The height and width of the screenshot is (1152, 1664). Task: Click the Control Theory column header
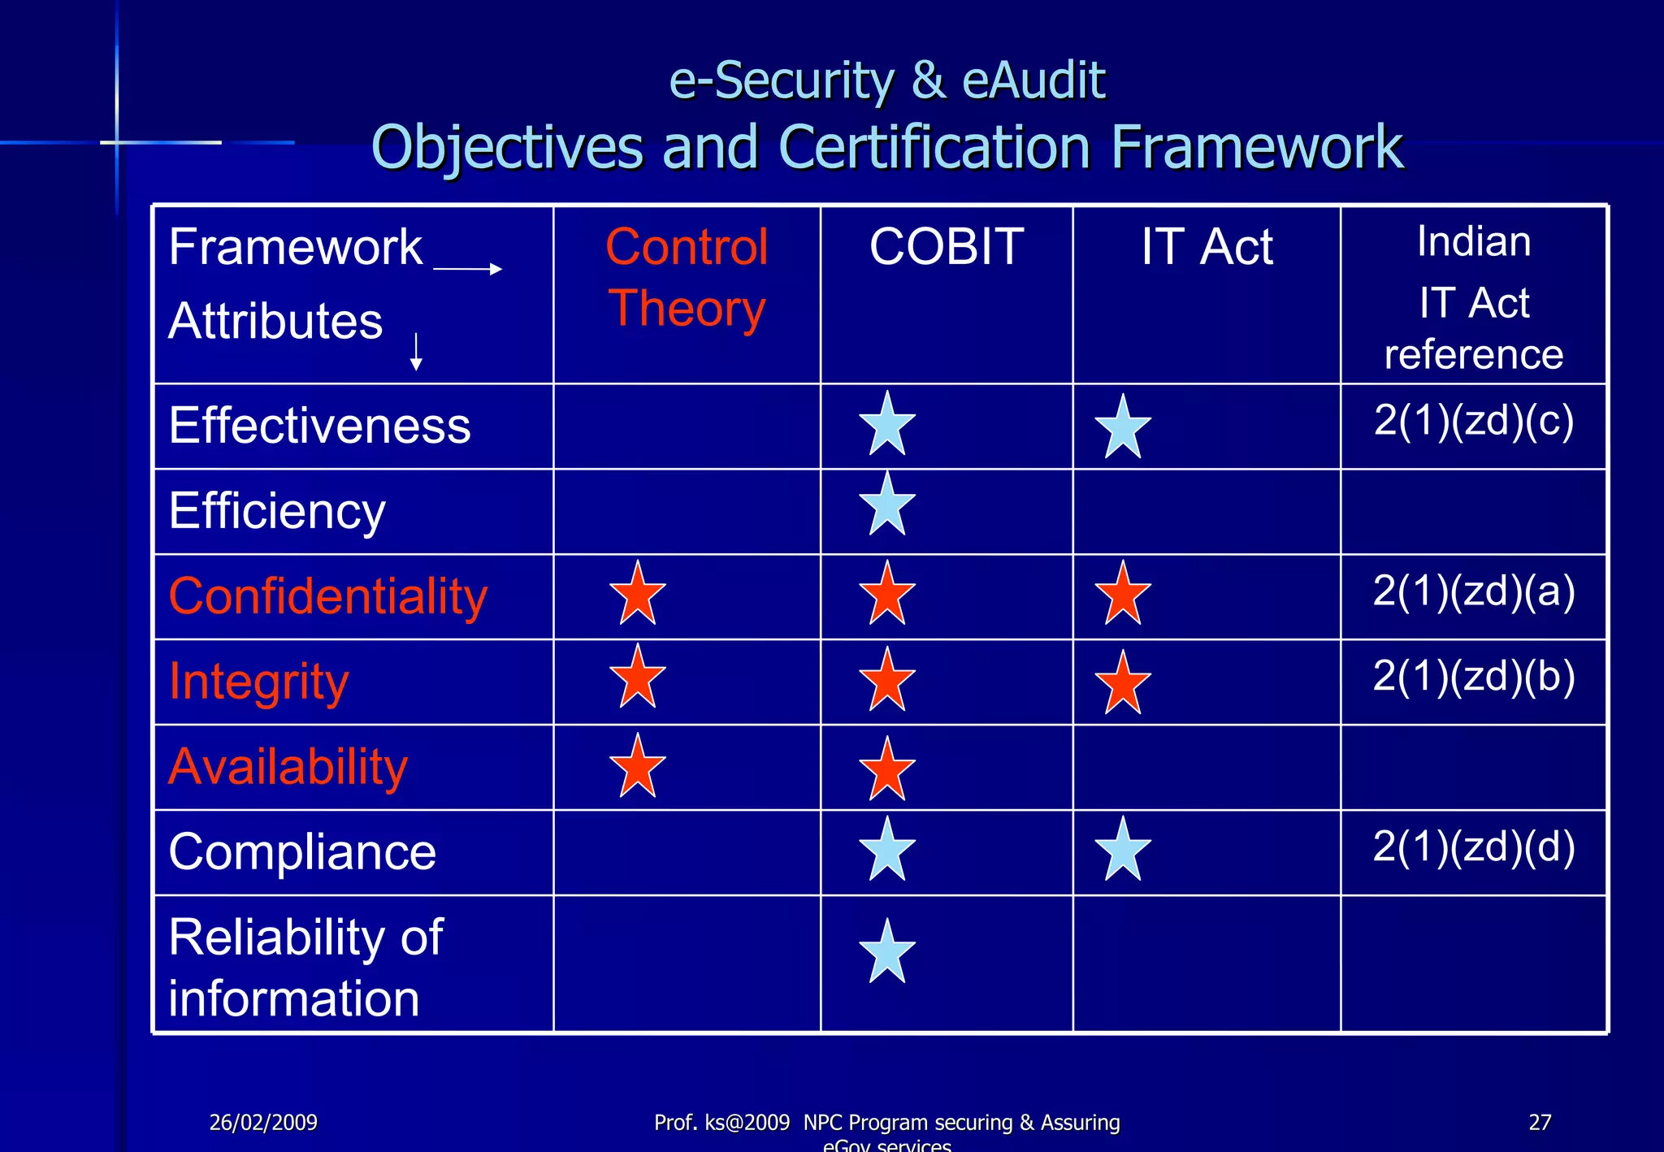[x=687, y=278]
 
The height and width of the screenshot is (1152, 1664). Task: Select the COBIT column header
[x=947, y=246]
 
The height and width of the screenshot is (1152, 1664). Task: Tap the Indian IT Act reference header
[x=1473, y=297]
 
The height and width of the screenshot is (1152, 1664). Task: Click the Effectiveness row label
[x=319, y=426]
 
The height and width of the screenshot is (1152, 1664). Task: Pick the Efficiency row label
[x=277, y=511]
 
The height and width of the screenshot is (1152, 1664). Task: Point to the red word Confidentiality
[x=327, y=596]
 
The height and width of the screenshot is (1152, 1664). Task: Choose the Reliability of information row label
[x=305, y=967]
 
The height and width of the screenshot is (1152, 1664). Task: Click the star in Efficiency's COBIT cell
[x=887, y=505]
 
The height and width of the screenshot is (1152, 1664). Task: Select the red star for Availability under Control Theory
[x=638, y=767]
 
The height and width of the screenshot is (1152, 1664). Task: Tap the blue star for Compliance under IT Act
[x=1123, y=851]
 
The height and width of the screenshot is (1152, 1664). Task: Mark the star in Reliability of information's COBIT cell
[x=887, y=953]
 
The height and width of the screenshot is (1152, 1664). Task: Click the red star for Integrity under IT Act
[x=1123, y=684]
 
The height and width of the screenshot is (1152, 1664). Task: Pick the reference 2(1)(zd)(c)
[x=1474, y=421]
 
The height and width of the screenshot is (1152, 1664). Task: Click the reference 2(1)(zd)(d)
[x=1474, y=847]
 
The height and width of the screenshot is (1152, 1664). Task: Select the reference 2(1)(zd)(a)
[x=1474, y=591]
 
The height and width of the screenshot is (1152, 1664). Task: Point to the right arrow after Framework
[x=468, y=269]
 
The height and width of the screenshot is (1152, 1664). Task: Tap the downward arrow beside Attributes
[x=416, y=352]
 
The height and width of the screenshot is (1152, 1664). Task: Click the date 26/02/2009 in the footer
[x=263, y=1123]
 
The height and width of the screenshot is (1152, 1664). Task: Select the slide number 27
[x=1540, y=1123]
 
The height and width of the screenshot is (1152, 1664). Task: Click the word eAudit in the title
[x=1033, y=80]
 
